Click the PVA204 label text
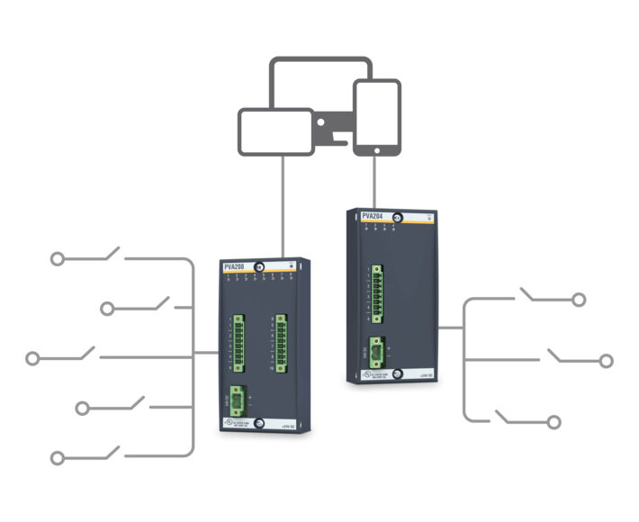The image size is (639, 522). tap(372, 216)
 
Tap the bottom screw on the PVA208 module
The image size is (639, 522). tap(259, 422)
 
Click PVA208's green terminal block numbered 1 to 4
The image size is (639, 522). tap(239, 342)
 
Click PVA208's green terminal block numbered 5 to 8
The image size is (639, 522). tap(281, 342)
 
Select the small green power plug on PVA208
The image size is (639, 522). tap(238, 401)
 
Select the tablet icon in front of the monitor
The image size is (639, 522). tap(275, 131)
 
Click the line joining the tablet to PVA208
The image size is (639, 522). tap(283, 207)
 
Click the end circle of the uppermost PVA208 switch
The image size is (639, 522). tap(57, 259)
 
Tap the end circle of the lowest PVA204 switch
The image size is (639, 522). tap(554, 421)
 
